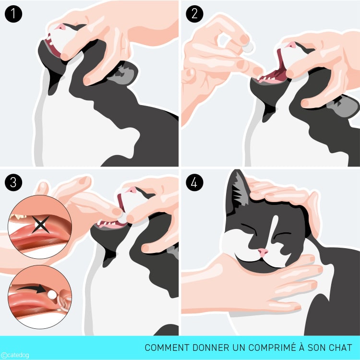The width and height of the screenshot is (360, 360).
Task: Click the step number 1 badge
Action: pyautogui.click(x=13, y=14)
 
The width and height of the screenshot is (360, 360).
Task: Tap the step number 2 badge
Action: pyautogui.click(x=194, y=14)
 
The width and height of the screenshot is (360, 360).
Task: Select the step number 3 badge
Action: pyautogui.click(x=13, y=182)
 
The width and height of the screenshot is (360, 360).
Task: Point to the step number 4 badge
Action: pyautogui.click(x=194, y=182)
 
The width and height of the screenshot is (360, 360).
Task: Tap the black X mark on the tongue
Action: pyautogui.click(x=40, y=224)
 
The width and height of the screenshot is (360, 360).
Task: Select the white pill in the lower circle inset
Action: pyautogui.click(x=52, y=294)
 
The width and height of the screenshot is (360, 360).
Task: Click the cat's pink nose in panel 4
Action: pyautogui.click(x=263, y=252)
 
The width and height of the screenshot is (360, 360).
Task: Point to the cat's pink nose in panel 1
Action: pyautogui.click(x=61, y=27)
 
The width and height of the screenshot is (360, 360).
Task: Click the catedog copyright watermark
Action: pyautogui.click(x=15, y=355)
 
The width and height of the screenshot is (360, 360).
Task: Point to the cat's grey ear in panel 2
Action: pyautogui.click(x=343, y=106)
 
